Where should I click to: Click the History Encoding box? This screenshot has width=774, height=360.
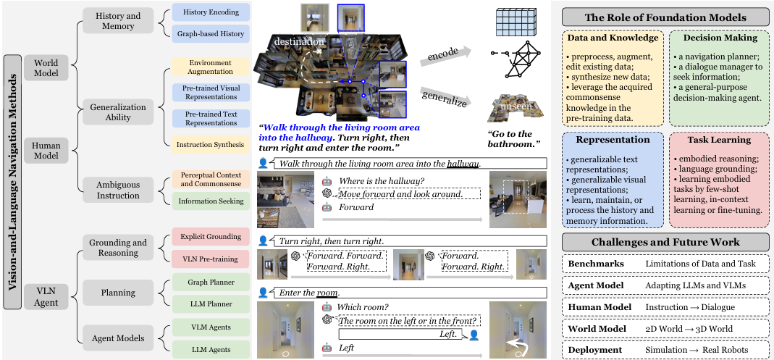211,13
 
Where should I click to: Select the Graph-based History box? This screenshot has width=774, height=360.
211,33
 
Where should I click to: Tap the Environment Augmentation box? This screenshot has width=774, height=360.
211,67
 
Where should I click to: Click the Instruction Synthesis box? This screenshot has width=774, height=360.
211,145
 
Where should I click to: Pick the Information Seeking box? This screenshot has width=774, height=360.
211,201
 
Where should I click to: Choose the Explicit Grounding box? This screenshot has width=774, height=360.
211,236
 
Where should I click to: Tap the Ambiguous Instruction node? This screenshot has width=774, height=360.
118,190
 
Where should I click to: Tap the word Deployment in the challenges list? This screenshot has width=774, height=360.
596,350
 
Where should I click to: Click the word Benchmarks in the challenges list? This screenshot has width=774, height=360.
596,264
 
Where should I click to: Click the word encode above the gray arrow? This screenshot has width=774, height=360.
444,54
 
